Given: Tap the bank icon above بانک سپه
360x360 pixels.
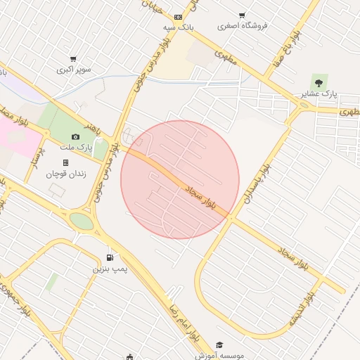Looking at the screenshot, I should point(178,16).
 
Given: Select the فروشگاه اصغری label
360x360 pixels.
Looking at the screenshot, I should point(243,26).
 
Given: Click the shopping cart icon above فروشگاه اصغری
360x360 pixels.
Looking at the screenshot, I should point(243,15).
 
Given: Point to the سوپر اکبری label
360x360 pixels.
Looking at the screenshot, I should point(73,70).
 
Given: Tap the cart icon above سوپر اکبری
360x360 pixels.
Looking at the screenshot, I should point(73,60).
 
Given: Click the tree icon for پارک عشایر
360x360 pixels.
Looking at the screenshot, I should point(319,82).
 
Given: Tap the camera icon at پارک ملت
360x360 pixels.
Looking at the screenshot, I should point(76,136).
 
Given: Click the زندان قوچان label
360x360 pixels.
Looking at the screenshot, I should point(65,174).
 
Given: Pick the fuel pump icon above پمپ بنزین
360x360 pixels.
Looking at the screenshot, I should point(108,257).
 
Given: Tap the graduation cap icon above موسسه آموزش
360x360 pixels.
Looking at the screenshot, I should point(219,345).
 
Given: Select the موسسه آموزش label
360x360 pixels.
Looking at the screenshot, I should point(219,355).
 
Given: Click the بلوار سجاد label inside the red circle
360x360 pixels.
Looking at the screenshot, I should point(210,199).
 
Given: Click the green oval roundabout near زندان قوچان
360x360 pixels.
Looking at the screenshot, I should point(82,222).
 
